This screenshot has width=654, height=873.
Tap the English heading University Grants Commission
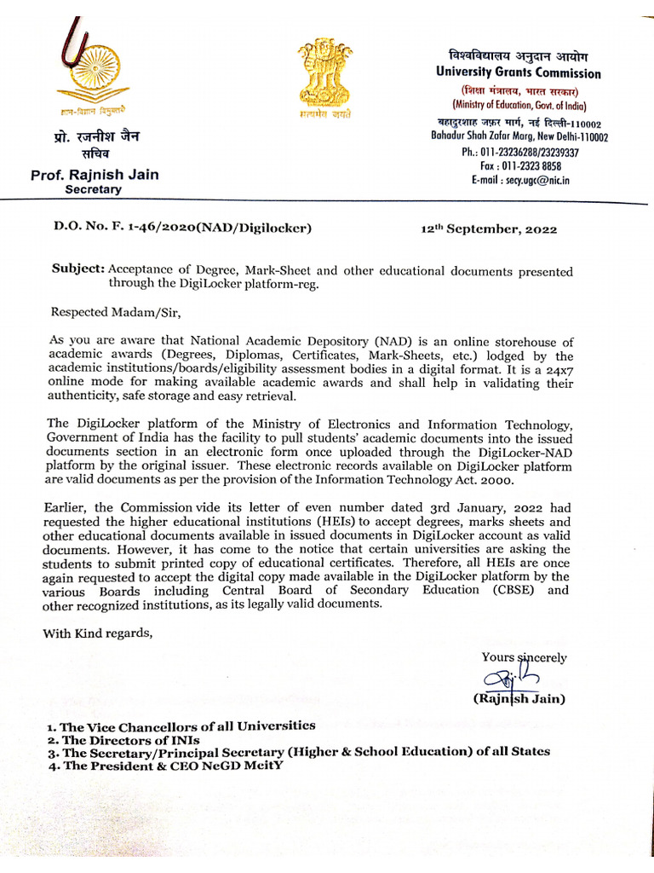pyautogui.click(x=518, y=73)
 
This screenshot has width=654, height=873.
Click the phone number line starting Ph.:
pyautogui.click(x=519, y=153)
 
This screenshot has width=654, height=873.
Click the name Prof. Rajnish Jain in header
pyautogui.click(x=95, y=176)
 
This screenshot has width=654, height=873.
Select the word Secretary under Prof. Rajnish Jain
pyautogui.click(x=94, y=190)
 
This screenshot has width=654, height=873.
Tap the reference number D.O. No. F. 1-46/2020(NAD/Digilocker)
pyautogui.click(x=182, y=228)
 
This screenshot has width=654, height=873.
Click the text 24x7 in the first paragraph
pyautogui.click(x=556, y=369)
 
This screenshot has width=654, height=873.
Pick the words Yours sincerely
pyautogui.click(x=524, y=657)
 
